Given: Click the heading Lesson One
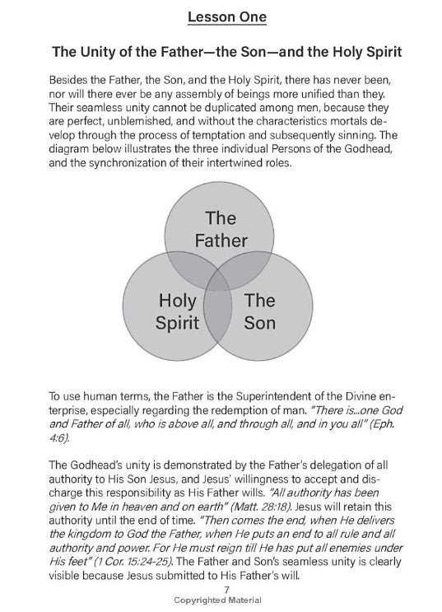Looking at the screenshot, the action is (x=221, y=16).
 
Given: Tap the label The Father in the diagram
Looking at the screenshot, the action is (x=220, y=230).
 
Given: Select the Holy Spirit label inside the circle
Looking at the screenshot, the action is (x=177, y=310).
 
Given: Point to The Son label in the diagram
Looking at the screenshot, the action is (x=260, y=310).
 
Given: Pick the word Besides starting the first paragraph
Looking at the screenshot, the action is (x=72, y=83).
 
